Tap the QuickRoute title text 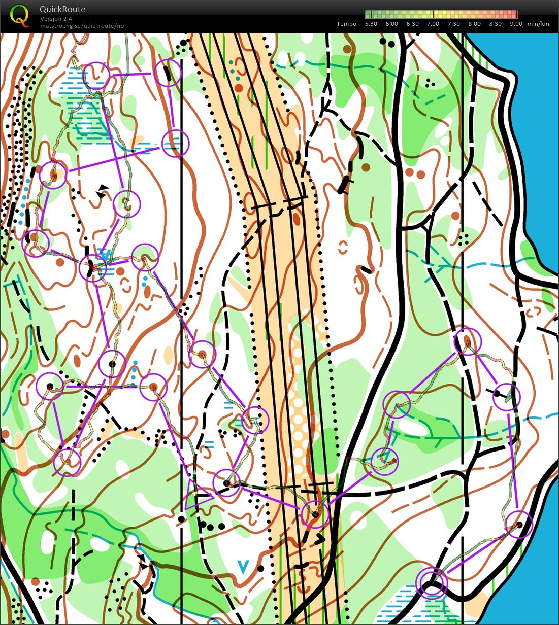tap(62, 9)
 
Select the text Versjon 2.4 tap(56, 19)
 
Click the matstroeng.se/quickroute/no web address tap(82, 26)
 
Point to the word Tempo tap(346, 24)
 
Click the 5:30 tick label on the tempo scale tap(371, 24)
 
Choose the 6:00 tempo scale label tap(391, 24)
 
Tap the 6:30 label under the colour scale tap(412, 24)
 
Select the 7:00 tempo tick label tap(433, 24)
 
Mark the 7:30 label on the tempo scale tap(453, 24)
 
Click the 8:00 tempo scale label tap(474, 24)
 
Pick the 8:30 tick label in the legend tap(495, 24)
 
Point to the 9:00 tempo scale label tap(516, 24)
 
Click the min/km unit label tap(538, 24)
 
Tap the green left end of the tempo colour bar tap(368, 14)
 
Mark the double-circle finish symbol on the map tap(432, 583)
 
